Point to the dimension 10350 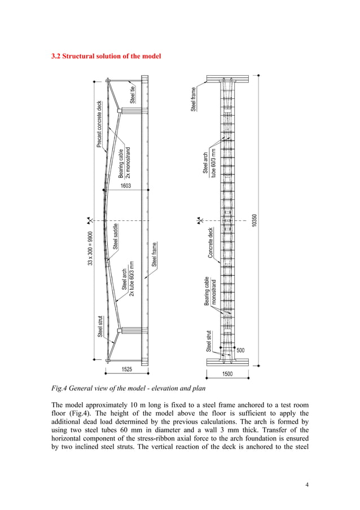coord(255,221)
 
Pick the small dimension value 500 coord(241,350)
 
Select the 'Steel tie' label coord(133,94)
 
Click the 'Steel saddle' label coord(116,237)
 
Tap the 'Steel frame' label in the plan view coord(194,98)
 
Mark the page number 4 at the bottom coord(307,484)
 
